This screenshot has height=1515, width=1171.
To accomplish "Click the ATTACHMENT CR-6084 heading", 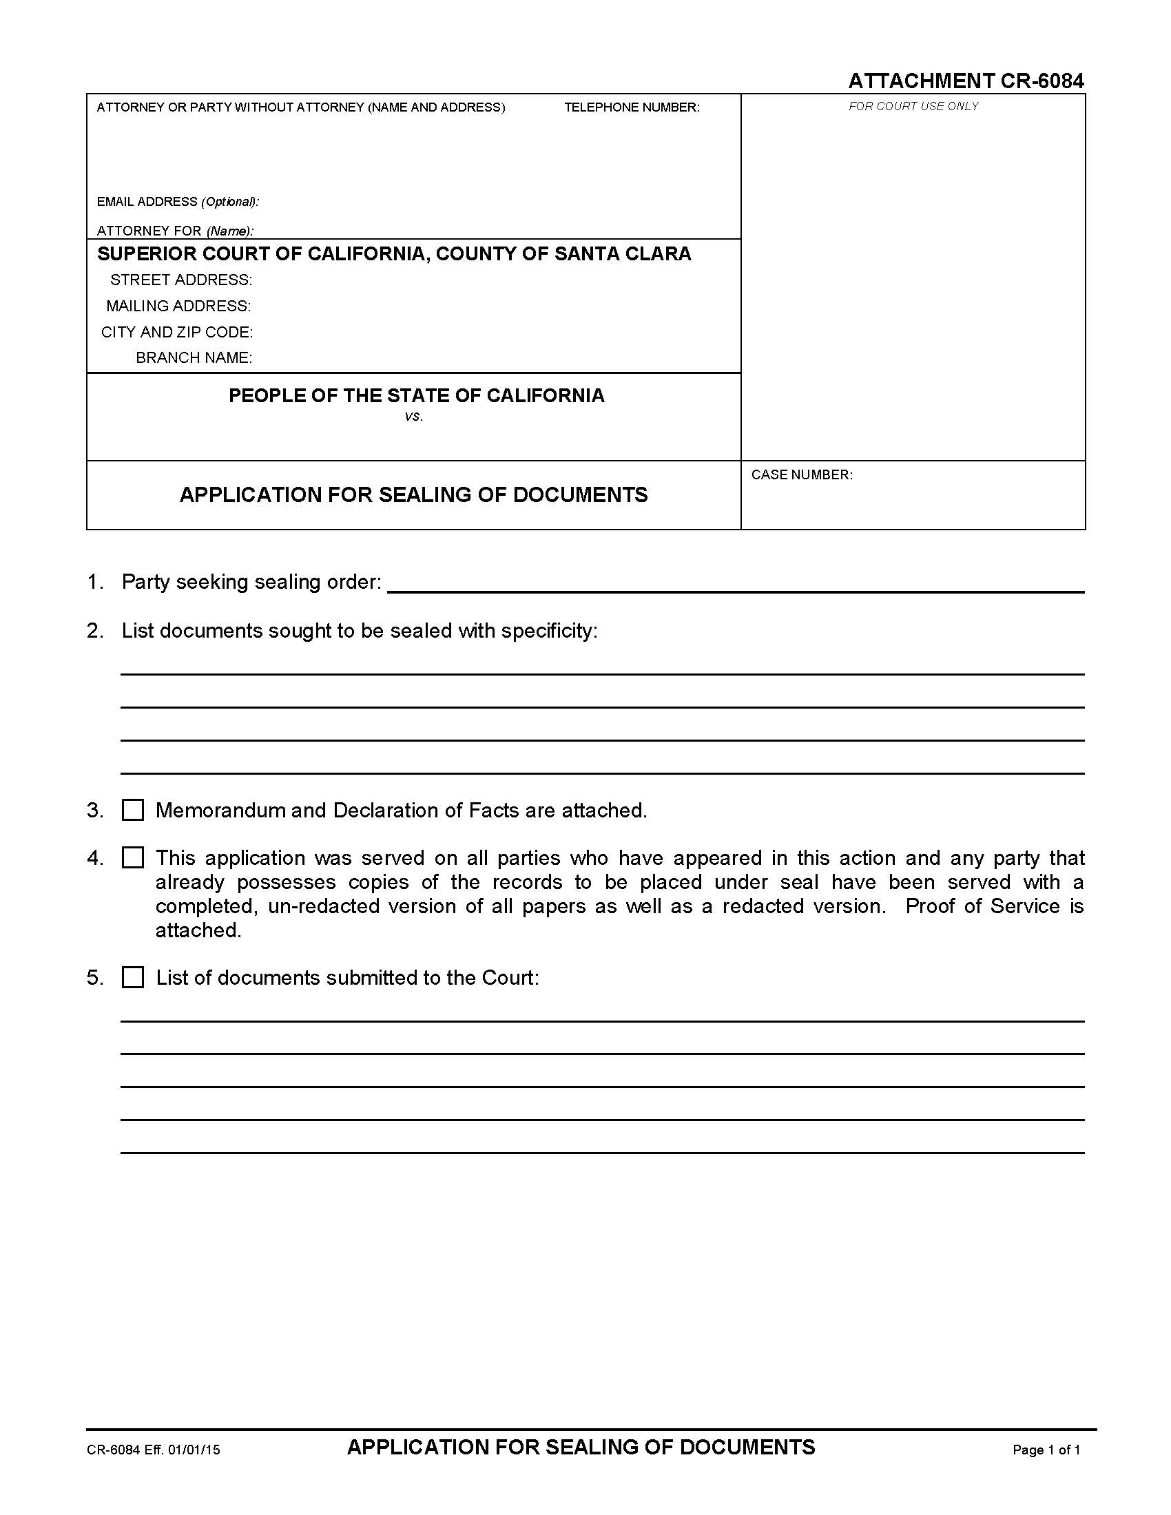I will tap(965, 81).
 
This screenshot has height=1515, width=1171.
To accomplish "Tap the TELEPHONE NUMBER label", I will tap(631, 107).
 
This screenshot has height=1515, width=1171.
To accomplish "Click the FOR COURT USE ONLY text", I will tap(913, 106).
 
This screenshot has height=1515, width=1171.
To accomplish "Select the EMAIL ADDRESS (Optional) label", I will tap(178, 202).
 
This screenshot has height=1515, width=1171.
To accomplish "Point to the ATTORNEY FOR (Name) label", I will tap(175, 230).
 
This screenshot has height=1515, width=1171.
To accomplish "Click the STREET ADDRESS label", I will tap(180, 280).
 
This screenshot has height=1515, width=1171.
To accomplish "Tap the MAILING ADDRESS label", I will tap(178, 306).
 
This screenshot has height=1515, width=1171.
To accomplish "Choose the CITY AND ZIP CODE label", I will tap(177, 333).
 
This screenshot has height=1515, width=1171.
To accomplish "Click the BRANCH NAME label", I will tap(194, 358).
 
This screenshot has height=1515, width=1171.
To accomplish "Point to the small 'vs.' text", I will tap(413, 416).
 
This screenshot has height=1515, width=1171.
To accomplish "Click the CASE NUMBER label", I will tap(801, 475).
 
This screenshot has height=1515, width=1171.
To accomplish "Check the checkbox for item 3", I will tap(133, 811).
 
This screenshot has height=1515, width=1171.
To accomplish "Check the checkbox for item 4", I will tap(133, 858).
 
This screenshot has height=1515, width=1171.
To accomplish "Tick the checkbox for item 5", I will tap(133, 977).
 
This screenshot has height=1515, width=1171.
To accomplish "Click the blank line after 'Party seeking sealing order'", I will tap(736, 584).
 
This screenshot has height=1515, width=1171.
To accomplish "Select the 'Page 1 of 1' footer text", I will tap(1046, 1450).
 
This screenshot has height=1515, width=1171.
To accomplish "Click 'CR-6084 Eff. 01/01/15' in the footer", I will tap(154, 1450).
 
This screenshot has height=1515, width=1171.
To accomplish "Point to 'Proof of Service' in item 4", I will tap(982, 906).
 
